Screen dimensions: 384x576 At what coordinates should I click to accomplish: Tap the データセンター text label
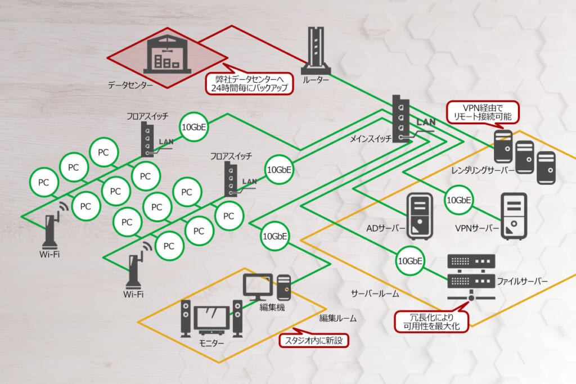click(130, 85)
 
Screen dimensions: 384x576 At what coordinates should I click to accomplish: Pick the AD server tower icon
click(420, 216)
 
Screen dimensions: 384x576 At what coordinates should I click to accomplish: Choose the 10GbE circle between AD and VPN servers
click(458, 200)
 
